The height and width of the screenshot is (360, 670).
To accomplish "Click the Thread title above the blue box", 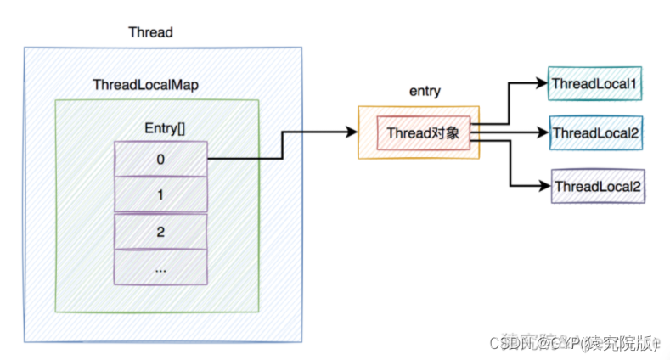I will (x=150, y=32).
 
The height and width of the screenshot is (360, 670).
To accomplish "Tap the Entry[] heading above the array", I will (x=160, y=127).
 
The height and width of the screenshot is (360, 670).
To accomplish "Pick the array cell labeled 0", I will (x=160, y=158).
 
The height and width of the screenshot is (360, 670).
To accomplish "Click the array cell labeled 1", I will (x=160, y=194).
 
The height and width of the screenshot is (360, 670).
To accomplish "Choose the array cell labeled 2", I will (x=160, y=231).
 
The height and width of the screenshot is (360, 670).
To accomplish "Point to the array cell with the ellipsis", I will (x=160, y=267).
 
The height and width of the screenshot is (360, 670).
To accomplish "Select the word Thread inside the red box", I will (x=408, y=133).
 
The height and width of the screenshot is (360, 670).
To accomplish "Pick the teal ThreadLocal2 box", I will (x=594, y=133).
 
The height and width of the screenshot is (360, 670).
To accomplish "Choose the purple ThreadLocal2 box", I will (x=598, y=185).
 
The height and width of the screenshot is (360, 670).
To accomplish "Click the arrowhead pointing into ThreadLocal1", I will (x=541, y=83).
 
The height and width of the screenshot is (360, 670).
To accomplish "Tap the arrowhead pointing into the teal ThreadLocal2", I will (x=541, y=133).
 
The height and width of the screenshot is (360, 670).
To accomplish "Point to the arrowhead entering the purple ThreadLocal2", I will (x=543, y=184).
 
